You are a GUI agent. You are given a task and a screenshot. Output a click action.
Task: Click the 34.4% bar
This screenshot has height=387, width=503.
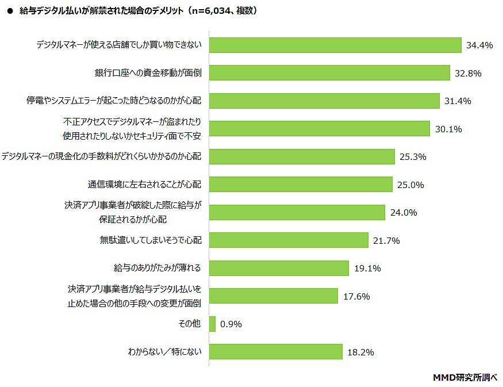[335, 45]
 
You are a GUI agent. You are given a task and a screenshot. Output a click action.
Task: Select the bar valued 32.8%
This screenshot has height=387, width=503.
[329, 73]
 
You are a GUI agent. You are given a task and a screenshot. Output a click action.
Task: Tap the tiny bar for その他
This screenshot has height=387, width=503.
[212, 324]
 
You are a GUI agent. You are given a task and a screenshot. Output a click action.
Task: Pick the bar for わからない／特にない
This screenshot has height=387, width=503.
[275, 352]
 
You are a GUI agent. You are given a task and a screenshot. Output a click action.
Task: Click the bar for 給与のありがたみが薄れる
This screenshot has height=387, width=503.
[279, 268]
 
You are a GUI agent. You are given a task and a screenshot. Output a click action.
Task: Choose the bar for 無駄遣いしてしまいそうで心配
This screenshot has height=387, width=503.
[288, 240]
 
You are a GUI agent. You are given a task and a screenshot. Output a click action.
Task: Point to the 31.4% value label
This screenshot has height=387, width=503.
[458, 101]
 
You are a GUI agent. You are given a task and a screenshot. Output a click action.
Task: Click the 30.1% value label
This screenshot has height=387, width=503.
[448, 129]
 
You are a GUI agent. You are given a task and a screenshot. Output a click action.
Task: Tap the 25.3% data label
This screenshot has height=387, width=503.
[413, 157]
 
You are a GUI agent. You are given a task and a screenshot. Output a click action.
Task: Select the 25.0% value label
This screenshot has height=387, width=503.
[410, 185]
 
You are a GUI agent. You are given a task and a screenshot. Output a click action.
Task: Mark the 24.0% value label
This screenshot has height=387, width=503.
[403, 212]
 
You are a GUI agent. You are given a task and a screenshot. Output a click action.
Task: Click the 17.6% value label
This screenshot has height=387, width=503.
[356, 296]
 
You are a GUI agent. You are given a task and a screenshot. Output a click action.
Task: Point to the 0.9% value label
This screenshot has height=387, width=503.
[232, 324]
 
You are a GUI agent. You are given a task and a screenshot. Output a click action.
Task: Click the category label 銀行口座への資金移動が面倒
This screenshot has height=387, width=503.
[148, 73]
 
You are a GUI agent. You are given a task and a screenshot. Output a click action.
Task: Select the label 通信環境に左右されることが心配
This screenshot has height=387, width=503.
[145, 185]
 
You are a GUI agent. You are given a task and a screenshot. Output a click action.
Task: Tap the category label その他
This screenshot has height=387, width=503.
[190, 324]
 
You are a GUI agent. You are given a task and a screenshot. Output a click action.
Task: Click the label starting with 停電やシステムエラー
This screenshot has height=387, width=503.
[114, 101]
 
